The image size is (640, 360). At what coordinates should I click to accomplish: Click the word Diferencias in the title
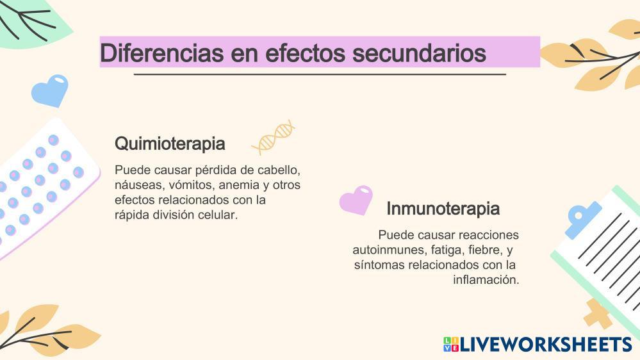tap(161, 53)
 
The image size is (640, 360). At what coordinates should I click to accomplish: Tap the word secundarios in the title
tap(419, 53)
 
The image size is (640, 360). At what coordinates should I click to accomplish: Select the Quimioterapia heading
tap(170, 143)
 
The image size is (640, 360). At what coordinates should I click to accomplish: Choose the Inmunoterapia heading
tap(443, 208)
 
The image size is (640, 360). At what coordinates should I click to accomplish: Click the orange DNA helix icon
tap(274, 137)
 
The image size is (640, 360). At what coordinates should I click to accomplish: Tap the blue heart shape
tap(50, 90)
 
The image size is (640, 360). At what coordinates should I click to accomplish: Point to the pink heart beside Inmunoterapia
tap(356, 200)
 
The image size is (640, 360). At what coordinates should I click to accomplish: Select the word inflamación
tap(486, 279)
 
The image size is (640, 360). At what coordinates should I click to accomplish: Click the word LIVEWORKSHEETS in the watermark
tap(546, 345)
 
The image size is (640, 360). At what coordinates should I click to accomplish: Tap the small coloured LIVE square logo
tap(451, 345)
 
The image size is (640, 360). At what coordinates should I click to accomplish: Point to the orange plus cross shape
tap(598, 313)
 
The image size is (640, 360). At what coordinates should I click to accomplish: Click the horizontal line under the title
tap(320, 75)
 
